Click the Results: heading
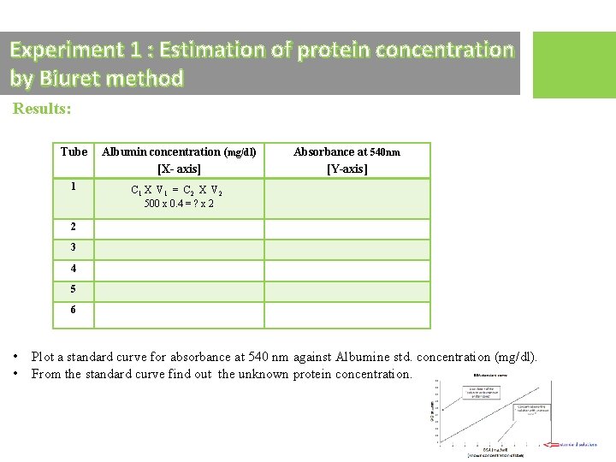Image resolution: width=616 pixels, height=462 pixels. click(42, 110)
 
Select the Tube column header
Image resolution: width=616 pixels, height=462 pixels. click(74, 151)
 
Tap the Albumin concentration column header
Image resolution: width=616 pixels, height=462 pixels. click(179, 152)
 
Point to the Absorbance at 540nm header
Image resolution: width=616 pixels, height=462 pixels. click(346, 152)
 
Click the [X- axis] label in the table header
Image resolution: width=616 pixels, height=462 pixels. click(179, 169)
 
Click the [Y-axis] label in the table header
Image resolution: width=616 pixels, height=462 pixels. click(346, 169)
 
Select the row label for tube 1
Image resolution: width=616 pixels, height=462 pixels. click(74, 186)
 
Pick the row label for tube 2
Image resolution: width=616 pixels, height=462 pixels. click(74, 227)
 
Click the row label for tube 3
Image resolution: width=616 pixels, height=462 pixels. click(74, 247)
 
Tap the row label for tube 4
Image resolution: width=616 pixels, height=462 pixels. click(74, 269)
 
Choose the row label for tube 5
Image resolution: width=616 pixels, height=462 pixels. click(74, 289)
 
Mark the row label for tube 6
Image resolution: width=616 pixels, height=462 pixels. click(74, 310)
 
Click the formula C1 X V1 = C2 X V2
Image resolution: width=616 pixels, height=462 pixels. click(178, 191)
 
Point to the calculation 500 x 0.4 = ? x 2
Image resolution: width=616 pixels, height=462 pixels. click(179, 204)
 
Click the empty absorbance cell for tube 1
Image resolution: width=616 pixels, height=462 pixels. click(346, 198)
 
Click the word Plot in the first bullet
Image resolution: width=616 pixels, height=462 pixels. click(44, 357)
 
